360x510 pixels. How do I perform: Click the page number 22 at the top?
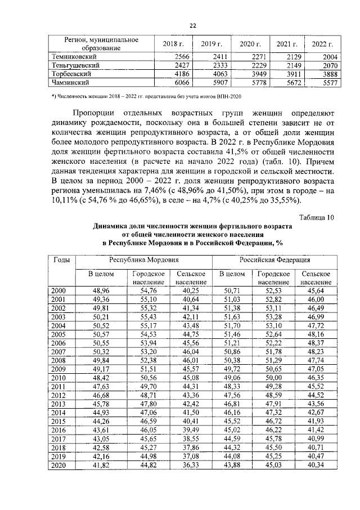192,26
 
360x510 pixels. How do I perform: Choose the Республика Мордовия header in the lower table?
144,260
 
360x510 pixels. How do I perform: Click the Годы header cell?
62,260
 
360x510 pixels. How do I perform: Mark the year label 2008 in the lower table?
58,360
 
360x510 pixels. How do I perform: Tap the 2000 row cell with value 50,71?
232,290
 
